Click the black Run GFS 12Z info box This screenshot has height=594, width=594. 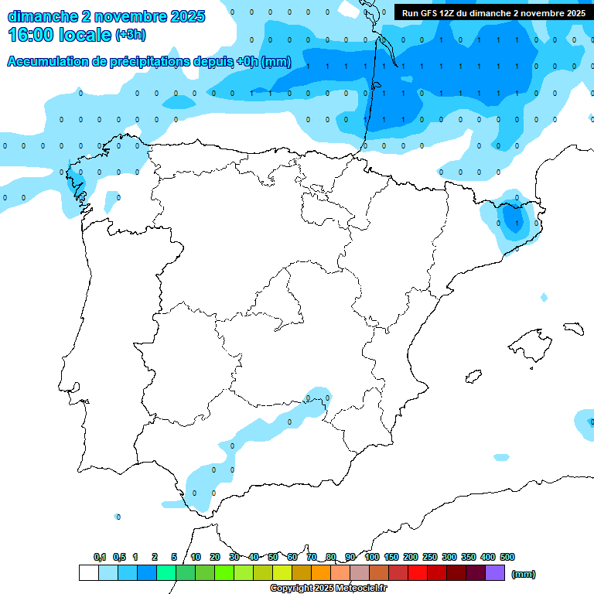tap(493, 12)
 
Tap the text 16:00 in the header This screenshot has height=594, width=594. tap(31, 34)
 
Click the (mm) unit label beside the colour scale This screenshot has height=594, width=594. tap(524, 574)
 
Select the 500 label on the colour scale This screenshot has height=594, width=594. tap(507, 557)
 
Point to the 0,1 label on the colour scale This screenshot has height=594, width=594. tap(100, 557)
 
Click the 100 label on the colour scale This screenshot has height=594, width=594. tap(372, 557)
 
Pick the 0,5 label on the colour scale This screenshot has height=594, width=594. tap(119, 557)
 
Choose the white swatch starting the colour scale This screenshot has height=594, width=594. tap(88, 573)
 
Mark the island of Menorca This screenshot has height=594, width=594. tap(573, 328)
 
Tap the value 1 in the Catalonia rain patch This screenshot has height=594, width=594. tap(516, 223)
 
